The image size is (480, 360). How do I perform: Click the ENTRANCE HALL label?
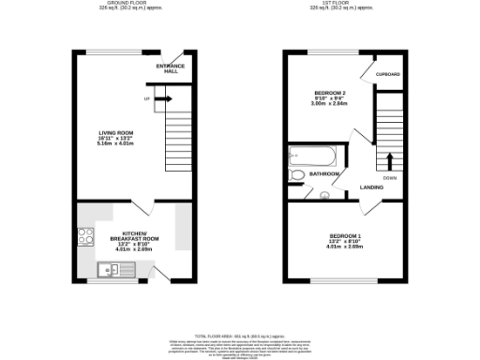172,67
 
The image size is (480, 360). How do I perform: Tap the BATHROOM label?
324,173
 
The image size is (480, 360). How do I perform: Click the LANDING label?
371,187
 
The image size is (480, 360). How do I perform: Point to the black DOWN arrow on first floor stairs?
388,158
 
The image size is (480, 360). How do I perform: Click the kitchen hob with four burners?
85,238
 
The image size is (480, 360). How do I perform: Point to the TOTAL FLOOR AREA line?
240,335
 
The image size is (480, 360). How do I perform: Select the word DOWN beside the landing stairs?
388,177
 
